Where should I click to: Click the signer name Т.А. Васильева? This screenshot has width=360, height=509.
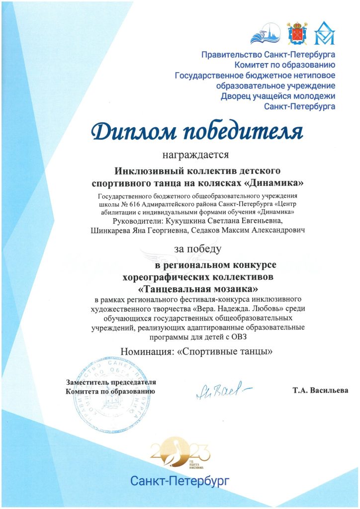point(321,390)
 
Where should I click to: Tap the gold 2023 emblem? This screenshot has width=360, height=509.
point(180,453)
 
